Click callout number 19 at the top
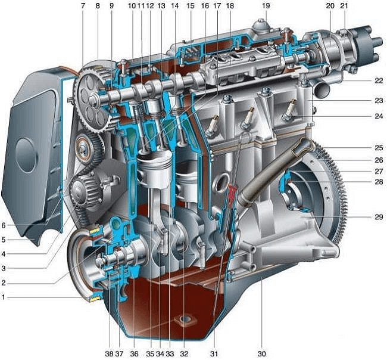(x=266, y=5)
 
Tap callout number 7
(x=83, y=5)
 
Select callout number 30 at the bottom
(x=261, y=354)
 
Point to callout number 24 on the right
(x=379, y=116)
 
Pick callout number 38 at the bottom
(x=109, y=354)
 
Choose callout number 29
(x=379, y=217)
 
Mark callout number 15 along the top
(x=191, y=5)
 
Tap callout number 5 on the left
(x=4, y=240)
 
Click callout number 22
(x=379, y=80)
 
